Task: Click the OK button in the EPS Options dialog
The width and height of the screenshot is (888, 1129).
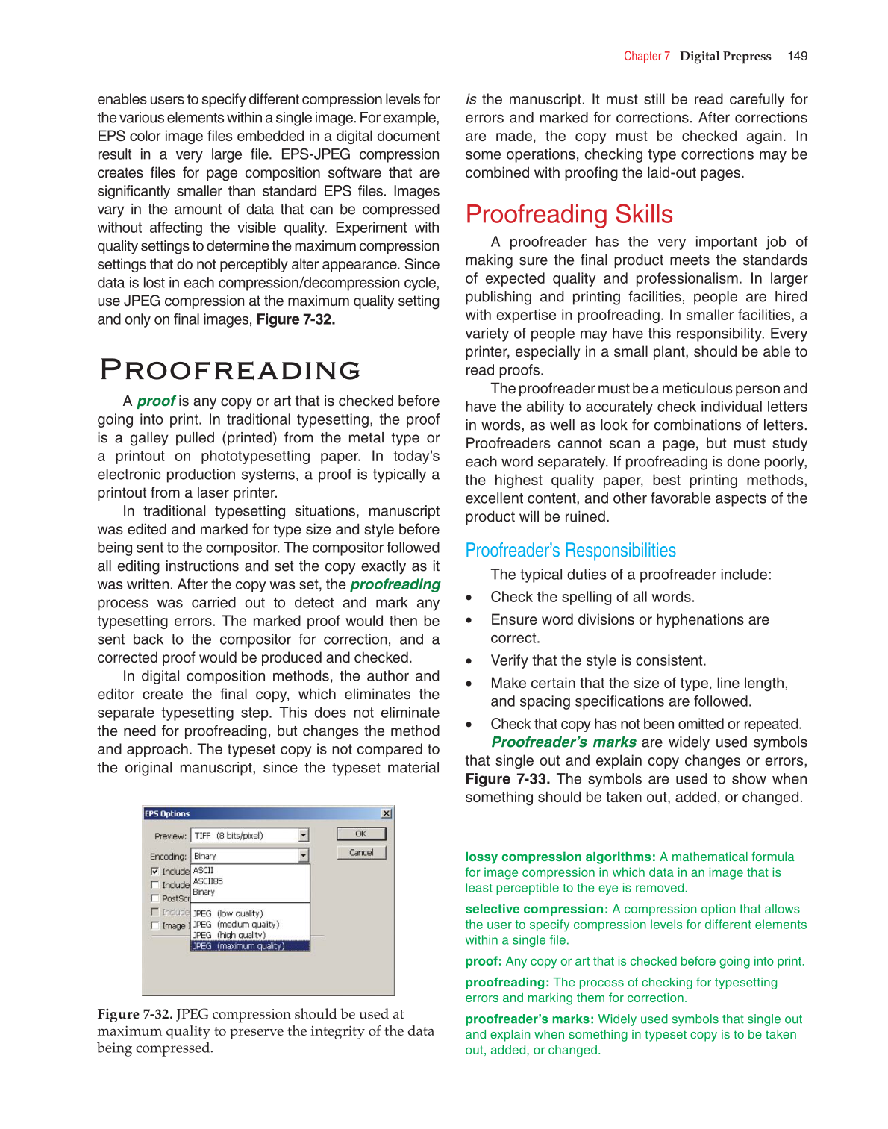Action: [361, 834]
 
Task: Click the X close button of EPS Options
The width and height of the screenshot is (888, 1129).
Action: [386, 813]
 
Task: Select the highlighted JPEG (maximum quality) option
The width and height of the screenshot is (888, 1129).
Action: [250, 946]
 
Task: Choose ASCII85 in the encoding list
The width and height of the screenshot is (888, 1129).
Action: [208, 881]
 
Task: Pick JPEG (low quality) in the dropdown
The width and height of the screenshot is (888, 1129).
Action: [228, 913]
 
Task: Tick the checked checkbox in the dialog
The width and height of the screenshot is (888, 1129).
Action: [154, 871]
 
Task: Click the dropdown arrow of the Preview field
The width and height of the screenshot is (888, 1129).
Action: [304, 836]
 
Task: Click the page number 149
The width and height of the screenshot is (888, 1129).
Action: [797, 56]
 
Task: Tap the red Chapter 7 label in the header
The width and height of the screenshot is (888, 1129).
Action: [646, 56]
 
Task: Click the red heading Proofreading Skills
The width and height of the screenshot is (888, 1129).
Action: [569, 215]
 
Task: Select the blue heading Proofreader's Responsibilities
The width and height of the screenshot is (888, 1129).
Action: [570, 551]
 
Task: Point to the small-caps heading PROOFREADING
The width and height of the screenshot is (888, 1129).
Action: [231, 370]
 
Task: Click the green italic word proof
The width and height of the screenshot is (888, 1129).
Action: [156, 401]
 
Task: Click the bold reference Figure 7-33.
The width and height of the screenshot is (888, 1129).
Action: [507, 779]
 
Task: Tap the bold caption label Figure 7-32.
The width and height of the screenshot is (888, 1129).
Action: [135, 1014]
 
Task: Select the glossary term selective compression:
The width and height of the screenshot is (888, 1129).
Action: [537, 909]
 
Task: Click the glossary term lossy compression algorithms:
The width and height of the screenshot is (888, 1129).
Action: [560, 857]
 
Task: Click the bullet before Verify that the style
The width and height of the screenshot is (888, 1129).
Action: [469, 661]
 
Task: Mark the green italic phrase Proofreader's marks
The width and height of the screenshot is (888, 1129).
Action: [563, 742]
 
